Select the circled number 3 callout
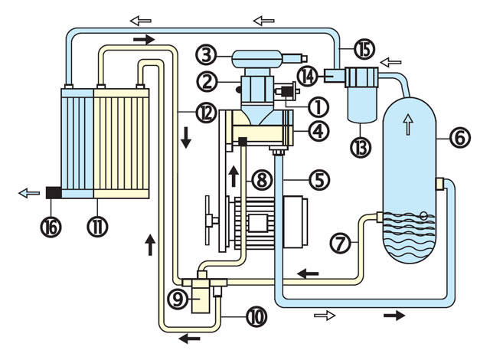(205, 54)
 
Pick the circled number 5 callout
(318, 182)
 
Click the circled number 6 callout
(459, 138)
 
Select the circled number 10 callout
(255, 313)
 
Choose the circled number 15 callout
(363, 50)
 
